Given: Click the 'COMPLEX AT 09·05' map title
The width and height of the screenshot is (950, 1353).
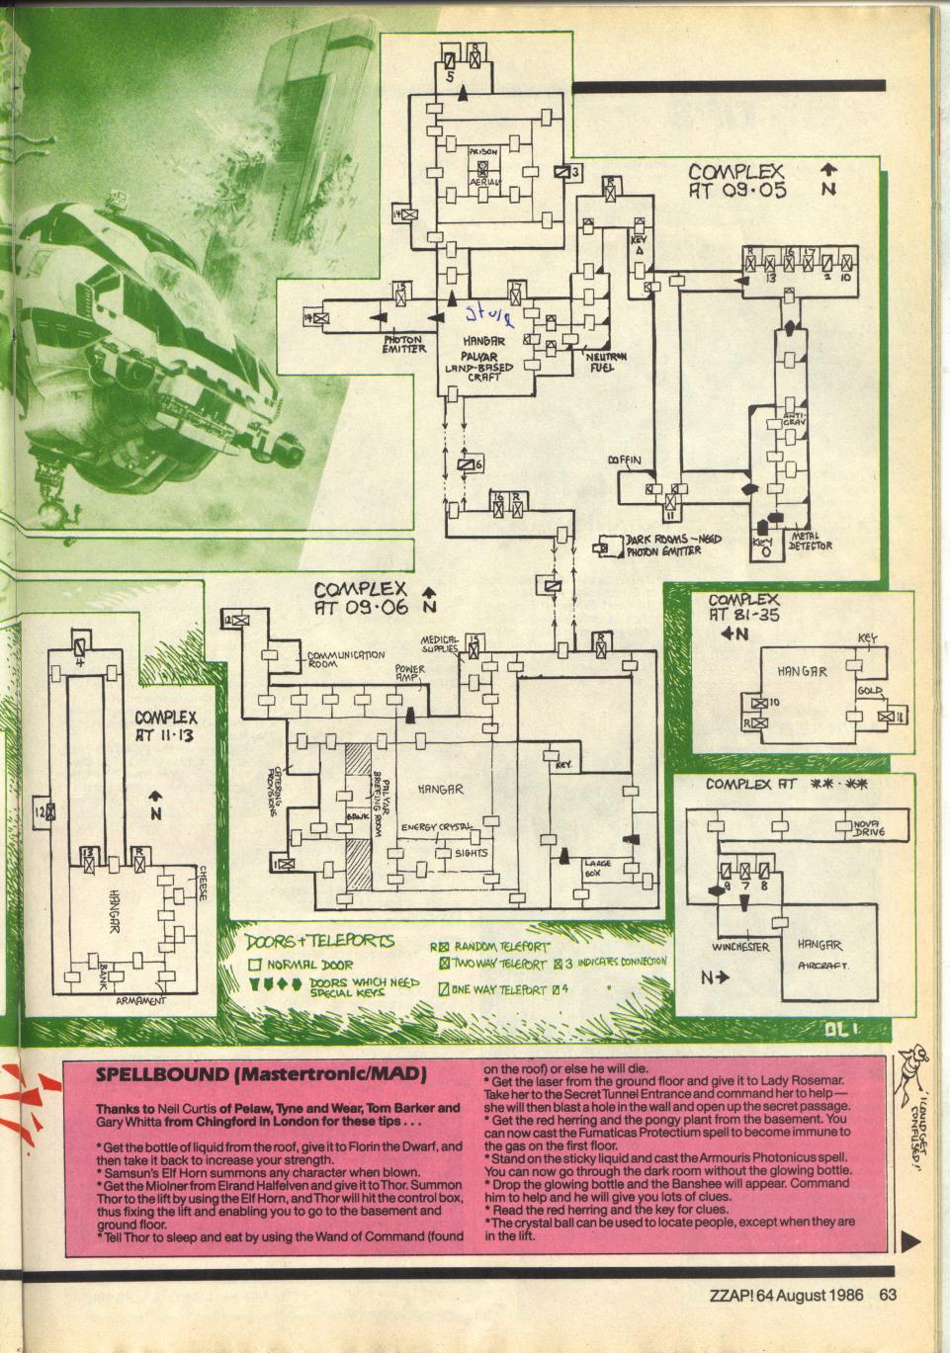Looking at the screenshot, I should pos(737,181).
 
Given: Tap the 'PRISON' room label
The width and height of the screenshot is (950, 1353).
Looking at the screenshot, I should pos(482,152).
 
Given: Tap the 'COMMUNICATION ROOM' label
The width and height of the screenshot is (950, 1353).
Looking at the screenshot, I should pos(345,659).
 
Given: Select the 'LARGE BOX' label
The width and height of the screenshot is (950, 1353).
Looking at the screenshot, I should pos(599,867).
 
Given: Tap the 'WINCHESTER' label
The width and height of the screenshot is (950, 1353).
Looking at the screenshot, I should pos(740,946).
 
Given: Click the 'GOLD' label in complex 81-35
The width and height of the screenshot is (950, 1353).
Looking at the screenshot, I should pos(870,690).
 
